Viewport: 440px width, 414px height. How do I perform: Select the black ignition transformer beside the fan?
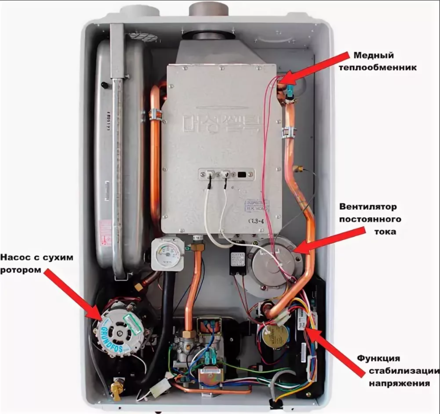click(x=237, y=262)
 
